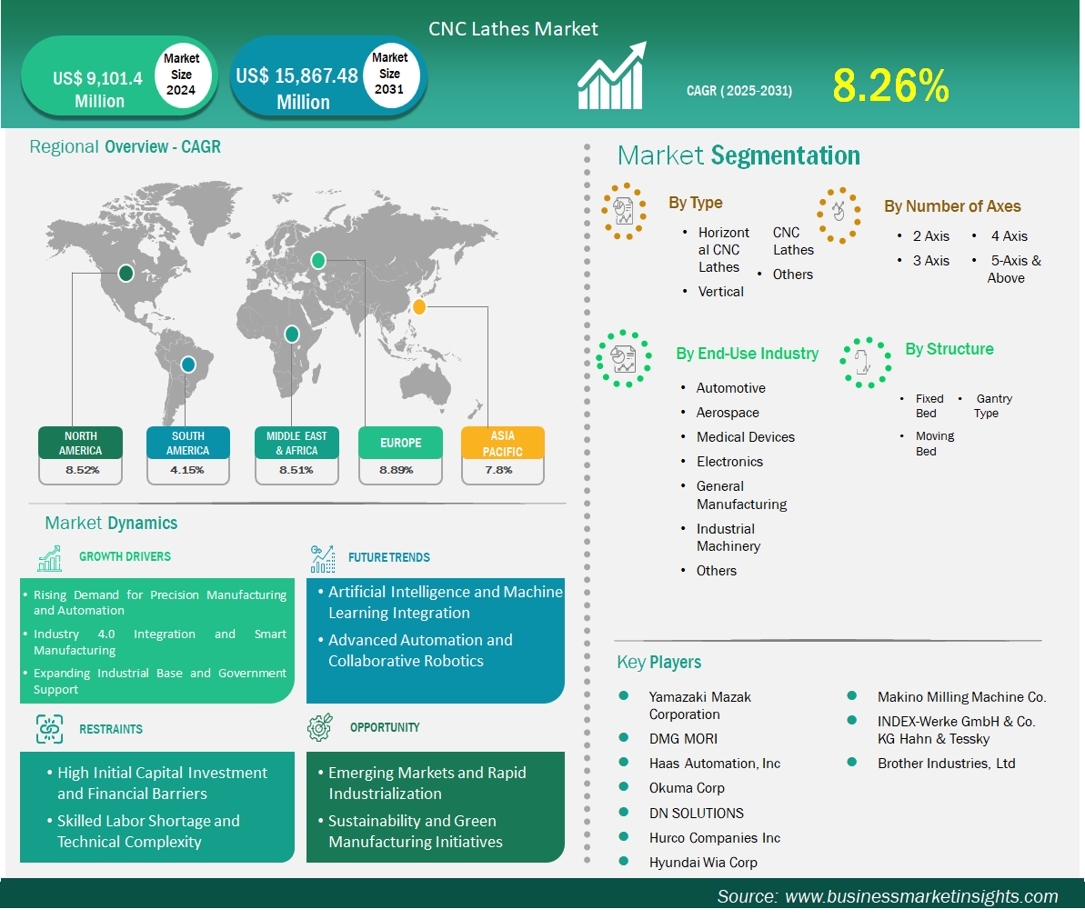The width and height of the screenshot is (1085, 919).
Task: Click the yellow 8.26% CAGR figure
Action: [890, 85]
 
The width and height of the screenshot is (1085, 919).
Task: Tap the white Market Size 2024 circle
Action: [181, 75]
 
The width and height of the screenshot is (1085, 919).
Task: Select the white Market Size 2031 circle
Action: [389, 74]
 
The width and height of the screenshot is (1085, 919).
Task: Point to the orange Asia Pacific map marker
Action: [418, 306]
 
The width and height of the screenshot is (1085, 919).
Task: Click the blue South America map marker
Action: [187, 364]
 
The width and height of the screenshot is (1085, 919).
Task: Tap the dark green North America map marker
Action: [126, 273]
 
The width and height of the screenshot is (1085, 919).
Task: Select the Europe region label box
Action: [401, 443]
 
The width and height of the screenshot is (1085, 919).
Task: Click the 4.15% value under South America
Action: [186, 470]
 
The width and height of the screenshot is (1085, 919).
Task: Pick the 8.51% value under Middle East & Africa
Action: [296, 470]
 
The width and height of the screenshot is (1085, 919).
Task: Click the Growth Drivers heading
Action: [125, 556]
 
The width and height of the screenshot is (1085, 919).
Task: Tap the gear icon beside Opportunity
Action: [320, 727]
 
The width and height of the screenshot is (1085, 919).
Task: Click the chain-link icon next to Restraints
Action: [49, 729]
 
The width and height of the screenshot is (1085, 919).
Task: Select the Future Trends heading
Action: [389, 557]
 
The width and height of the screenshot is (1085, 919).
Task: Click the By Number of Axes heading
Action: [952, 206]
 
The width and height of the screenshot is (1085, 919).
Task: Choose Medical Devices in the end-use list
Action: [745, 437]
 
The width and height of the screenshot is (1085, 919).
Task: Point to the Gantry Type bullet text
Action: [993, 406]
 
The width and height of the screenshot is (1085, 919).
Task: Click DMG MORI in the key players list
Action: [683, 738]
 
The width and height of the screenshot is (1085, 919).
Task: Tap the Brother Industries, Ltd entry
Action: [946, 764]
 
